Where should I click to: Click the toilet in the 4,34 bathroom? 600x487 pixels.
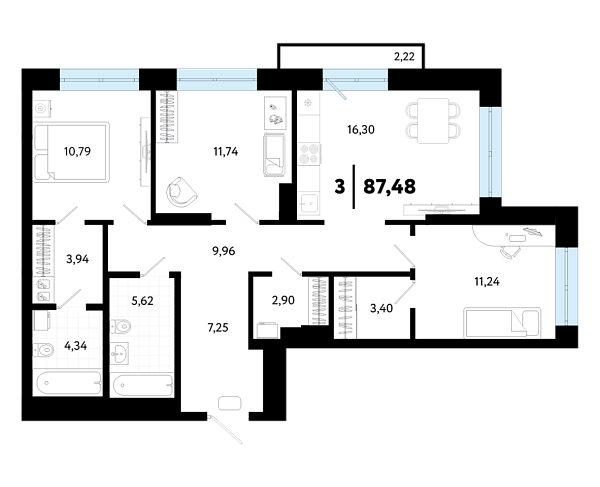[44, 350]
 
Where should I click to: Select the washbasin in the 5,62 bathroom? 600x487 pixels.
[119, 353]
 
